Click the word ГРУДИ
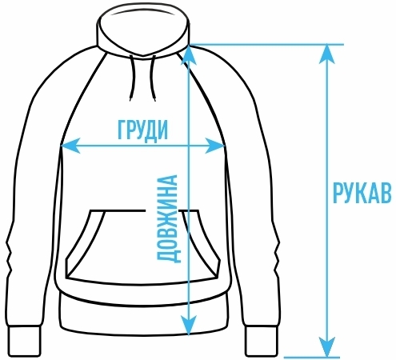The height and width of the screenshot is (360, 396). (x=143, y=130)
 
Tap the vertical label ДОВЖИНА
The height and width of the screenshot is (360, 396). (x=167, y=218)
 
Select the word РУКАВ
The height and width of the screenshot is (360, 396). (x=362, y=193)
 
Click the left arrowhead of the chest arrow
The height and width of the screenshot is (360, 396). (x=70, y=146)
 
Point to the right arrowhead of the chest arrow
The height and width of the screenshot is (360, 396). (x=215, y=146)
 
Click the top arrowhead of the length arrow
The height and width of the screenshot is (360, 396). (x=189, y=55)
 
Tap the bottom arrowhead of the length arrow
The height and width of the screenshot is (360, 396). (x=189, y=326)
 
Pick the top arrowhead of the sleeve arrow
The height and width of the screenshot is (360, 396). (x=327, y=54)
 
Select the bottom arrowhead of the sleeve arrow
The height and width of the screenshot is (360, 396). (x=327, y=346)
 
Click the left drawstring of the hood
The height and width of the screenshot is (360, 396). (x=132, y=78)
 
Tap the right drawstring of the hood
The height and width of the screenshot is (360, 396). (x=153, y=78)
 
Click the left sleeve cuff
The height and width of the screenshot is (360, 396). (x=24, y=341)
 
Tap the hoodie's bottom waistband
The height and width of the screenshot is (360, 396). (x=143, y=318)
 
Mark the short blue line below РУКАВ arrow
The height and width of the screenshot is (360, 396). (x=312, y=357)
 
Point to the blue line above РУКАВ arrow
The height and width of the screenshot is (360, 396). (x=266, y=44)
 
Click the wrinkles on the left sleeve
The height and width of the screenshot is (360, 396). (x=10, y=256)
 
